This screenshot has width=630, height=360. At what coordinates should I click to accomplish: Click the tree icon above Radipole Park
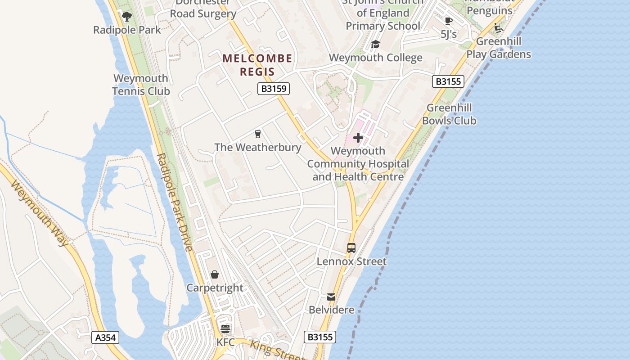127,17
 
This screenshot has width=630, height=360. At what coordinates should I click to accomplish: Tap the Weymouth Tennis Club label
141,85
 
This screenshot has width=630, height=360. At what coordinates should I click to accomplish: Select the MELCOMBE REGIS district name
257,65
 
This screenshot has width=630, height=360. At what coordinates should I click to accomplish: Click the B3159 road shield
274,89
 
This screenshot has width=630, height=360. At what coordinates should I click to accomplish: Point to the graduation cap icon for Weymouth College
375,44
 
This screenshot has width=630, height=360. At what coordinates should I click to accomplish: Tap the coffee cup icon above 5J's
448,21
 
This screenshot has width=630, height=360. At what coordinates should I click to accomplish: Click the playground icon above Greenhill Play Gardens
498,28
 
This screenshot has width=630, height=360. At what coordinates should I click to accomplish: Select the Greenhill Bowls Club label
449,114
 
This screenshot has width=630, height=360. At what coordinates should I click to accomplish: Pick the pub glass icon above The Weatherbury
258,134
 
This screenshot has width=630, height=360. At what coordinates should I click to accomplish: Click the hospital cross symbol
358,137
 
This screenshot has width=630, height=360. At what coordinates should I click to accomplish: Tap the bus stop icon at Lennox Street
351,248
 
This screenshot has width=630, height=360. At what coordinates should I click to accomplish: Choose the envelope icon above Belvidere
331,297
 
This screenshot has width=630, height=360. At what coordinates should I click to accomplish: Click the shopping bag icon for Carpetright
215,274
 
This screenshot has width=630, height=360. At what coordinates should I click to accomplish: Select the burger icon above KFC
225,329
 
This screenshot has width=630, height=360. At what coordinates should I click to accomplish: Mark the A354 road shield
106,338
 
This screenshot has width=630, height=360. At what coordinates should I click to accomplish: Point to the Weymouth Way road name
40,213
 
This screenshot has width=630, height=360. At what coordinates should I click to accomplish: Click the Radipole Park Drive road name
175,202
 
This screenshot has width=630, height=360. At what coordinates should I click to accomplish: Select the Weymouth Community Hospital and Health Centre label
358,164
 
